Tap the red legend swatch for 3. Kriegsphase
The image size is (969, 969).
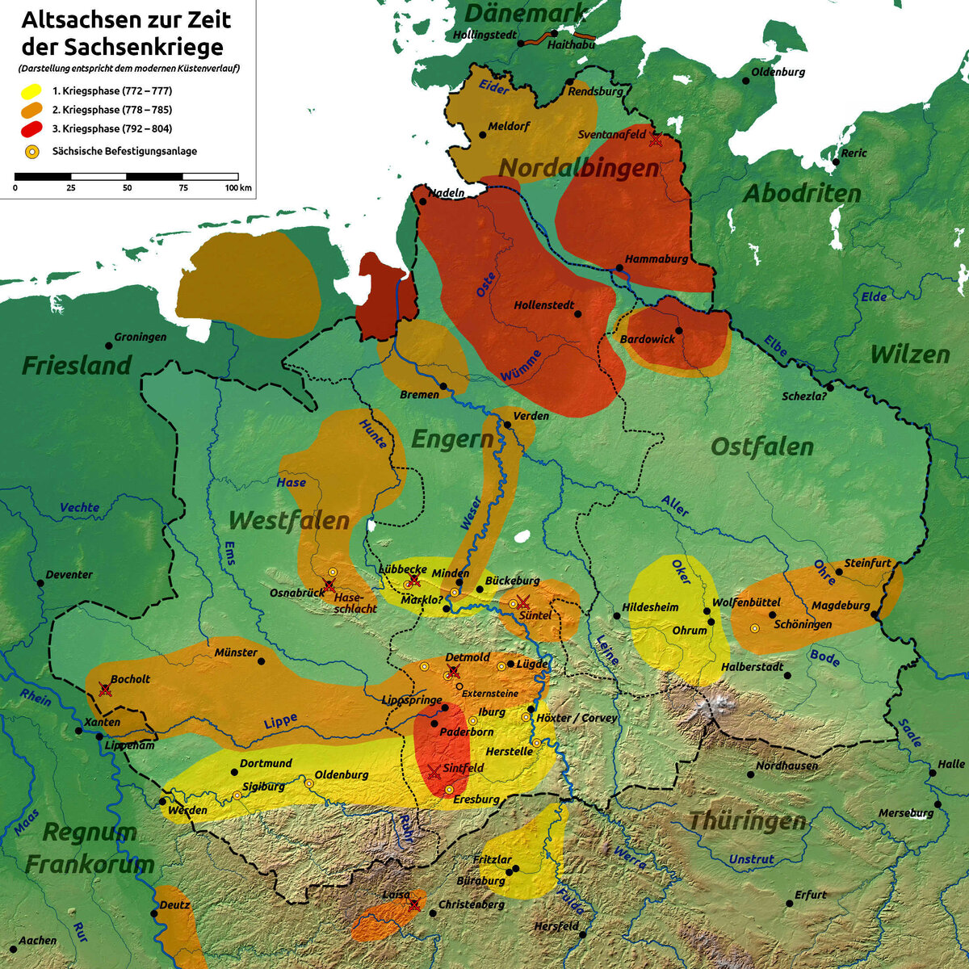click(31, 129)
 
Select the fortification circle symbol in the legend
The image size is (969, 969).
click(31, 150)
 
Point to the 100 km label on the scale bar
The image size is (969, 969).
click(238, 188)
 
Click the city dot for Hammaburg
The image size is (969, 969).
click(619, 268)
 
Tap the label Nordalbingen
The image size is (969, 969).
click(578, 168)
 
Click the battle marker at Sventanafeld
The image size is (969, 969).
click(656, 140)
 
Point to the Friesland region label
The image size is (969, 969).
click(76, 365)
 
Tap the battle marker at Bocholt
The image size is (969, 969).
click(104, 689)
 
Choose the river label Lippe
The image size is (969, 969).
click(280, 721)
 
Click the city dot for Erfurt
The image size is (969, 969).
click(789, 903)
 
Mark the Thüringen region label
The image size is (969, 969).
click(747, 821)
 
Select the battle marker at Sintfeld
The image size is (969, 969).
click(434, 771)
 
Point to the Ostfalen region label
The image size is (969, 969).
click(761, 447)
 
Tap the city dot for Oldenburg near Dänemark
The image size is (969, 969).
click(745, 79)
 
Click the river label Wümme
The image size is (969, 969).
click(521, 366)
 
